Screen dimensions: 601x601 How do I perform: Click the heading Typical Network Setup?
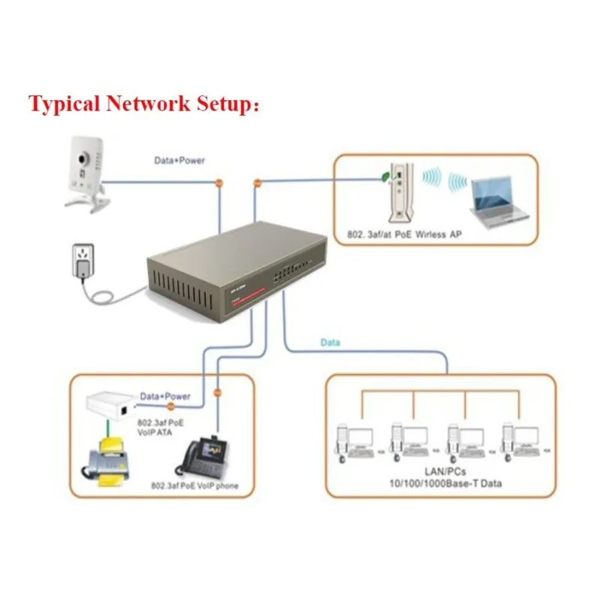pyautogui.click(x=144, y=104)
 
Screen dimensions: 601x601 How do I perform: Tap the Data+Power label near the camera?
pyautogui.click(x=180, y=160)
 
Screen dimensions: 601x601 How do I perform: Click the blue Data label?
pyautogui.click(x=331, y=343)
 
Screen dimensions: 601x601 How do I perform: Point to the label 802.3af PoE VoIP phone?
pyautogui.click(x=195, y=487)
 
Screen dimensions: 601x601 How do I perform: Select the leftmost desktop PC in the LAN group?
pyautogui.click(x=352, y=442)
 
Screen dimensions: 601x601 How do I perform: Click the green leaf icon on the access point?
pyautogui.click(x=385, y=178)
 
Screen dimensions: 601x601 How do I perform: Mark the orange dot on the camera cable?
pyautogui.click(x=219, y=183)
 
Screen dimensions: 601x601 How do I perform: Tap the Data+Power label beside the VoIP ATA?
pyautogui.click(x=165, y=395)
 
